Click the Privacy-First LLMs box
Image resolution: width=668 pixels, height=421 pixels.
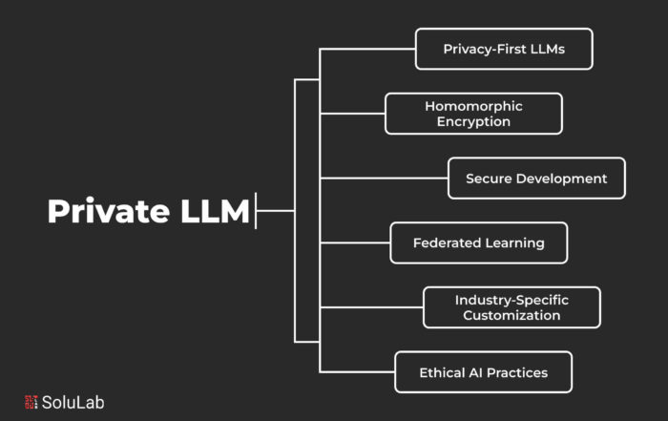click(504, 49)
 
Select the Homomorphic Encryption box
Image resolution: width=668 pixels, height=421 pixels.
click(473, 114)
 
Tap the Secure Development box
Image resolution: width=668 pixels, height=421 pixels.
click(536, 179)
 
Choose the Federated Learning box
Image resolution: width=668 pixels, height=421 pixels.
click(479, 242)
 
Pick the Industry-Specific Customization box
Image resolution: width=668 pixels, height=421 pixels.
click(512, 307)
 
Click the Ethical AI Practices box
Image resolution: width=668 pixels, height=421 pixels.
click(484, 372)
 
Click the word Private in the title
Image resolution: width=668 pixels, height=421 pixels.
click(109, 210)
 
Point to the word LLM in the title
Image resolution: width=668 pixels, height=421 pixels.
click(215, 210)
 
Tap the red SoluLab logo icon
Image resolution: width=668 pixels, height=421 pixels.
click(31, 402)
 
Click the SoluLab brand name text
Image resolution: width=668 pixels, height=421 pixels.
click(73, 402)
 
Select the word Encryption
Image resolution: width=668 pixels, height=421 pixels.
click(473, 122)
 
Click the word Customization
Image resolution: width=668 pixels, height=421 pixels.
click(511, 315)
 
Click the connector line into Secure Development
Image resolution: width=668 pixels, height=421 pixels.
click(384, 179)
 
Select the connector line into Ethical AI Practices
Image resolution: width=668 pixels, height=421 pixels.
click(358, 372)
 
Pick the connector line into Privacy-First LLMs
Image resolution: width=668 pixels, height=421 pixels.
click(367, 49)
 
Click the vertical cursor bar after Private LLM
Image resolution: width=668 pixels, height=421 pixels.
click(256, 210)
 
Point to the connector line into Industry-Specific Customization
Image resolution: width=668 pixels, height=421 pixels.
click(371, 307)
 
